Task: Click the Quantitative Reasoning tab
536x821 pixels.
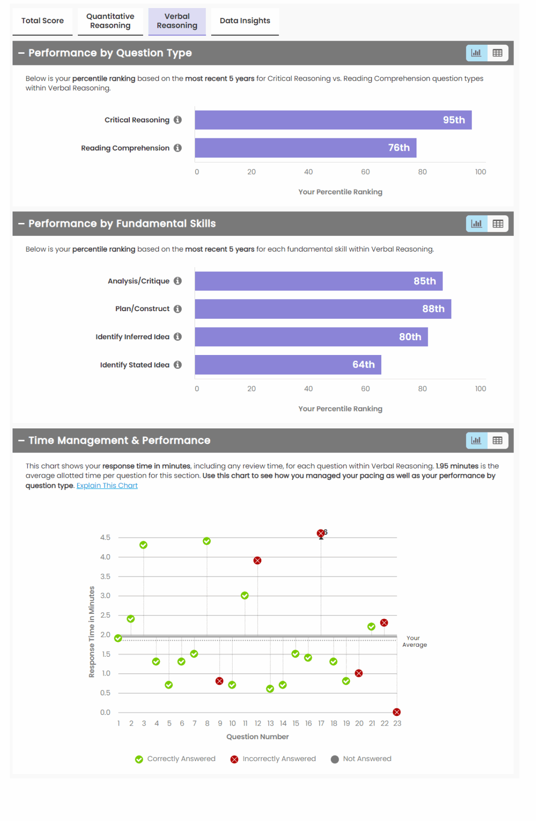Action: coord(110,21)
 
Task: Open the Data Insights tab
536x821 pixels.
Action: coord(245,21)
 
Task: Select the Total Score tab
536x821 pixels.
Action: coord(43,21)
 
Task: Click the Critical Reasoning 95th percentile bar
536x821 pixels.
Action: coord(333,120)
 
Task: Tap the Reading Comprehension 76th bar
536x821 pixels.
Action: coord(305,148)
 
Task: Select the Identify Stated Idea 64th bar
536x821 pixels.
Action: coord(288,365)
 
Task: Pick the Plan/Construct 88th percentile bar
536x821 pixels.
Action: coord(323,309)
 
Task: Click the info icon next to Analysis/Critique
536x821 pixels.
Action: coord(178,281)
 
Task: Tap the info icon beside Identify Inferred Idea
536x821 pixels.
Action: coord(178,337)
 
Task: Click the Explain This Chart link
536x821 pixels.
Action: coord(107,486)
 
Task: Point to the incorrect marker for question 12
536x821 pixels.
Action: coord(257,560)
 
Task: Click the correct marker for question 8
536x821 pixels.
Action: coord(207,541)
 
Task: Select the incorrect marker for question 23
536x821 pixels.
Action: coord(397,712)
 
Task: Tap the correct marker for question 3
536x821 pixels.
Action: coord(143,545)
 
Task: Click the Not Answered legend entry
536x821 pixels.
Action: coord(361,759)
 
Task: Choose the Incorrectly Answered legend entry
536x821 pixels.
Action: coord(273,759)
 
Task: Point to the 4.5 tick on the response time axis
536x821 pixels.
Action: coord(105,537)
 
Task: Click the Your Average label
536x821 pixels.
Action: coord(414,641)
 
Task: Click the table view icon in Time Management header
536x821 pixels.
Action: coord(498,440)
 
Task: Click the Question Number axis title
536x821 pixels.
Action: coord(257,737)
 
